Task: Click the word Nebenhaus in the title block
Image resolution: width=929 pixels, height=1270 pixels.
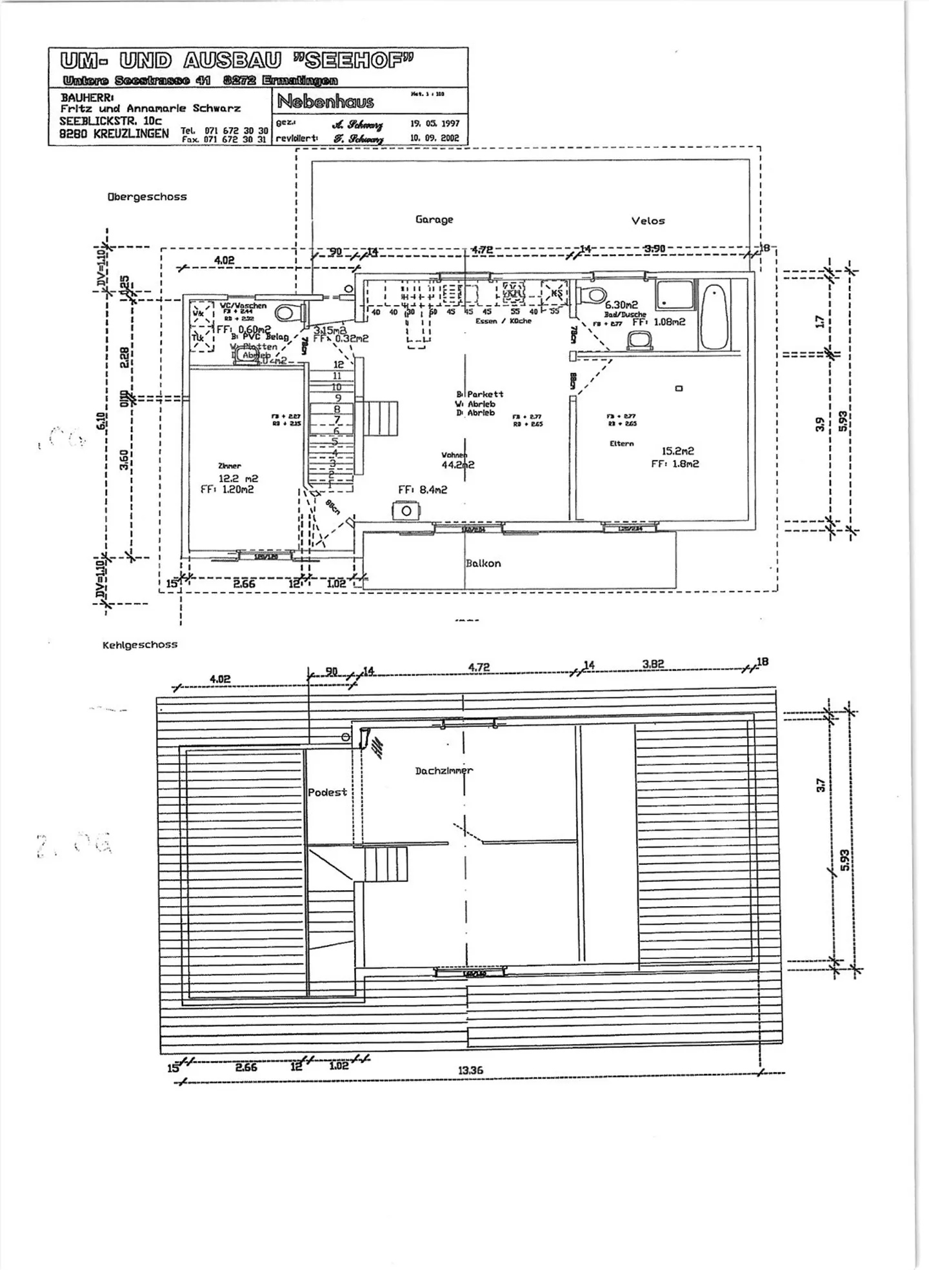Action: (325, 102)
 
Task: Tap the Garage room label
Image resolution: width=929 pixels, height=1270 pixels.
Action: (434, 219)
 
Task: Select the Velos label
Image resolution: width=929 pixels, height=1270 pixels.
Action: (648, 221)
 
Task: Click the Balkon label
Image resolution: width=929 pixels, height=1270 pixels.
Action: (483, 563)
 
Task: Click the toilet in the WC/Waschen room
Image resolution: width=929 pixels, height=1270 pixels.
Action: (288, 313)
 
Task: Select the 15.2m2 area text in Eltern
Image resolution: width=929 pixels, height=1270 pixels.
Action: (677, 451)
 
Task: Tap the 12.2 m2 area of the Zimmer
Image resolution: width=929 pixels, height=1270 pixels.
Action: (238, 479)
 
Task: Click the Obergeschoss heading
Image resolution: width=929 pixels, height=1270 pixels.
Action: (147, 197)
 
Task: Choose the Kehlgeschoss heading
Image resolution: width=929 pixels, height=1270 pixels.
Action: (139, 644)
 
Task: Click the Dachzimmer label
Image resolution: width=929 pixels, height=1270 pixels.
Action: (443, 770)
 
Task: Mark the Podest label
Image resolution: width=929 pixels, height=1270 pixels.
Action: (327, 792)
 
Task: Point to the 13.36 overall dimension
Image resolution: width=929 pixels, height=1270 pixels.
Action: (470, 1070)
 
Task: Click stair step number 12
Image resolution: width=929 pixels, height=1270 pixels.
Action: (338, 364)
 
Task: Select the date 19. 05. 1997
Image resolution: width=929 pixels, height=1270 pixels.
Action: (434, 123)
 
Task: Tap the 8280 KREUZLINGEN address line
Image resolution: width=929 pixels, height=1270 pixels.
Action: (114, 134)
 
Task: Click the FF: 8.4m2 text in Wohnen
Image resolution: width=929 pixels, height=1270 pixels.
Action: (423, 490)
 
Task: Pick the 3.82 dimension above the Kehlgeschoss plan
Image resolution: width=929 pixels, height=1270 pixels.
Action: (653, 664)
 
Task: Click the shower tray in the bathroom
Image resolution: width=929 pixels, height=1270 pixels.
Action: (675, 295)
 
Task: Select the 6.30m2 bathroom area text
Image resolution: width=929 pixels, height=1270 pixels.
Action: (621, 305)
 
